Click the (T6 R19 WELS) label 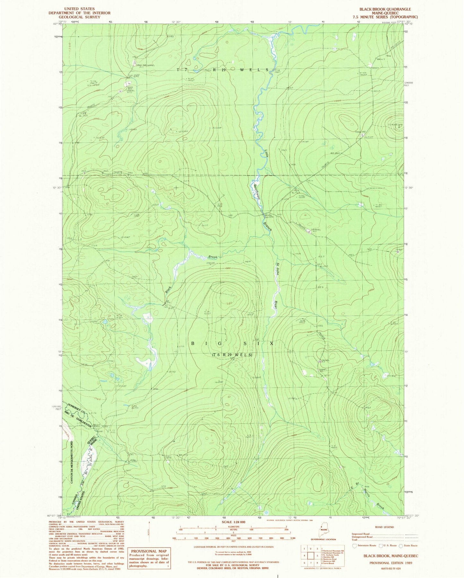pos(232,355)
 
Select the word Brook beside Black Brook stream pos(213,257)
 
